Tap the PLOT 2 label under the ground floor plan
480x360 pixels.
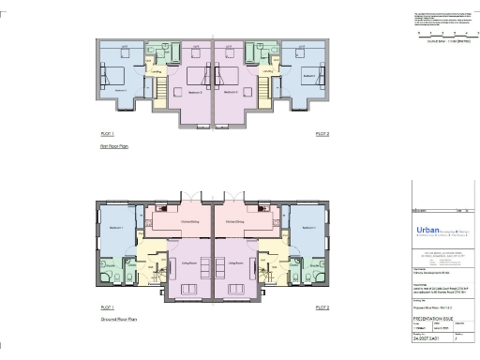(322, 307)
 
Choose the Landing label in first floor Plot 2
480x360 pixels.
(267, 70)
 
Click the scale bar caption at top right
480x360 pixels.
(442, 42)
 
